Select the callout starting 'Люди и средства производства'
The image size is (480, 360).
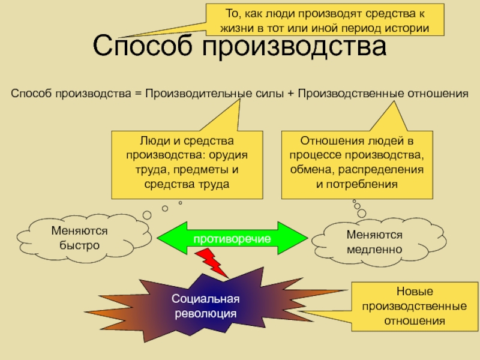point(187,163)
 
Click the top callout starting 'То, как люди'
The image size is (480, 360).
point(326,20)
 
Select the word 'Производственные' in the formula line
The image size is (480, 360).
point(342,94)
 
